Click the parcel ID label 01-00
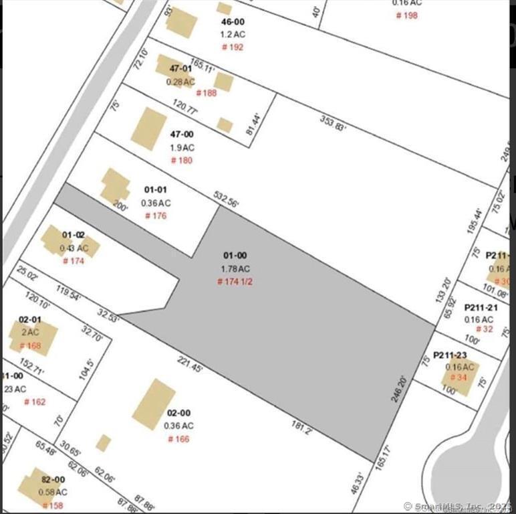point(234,256)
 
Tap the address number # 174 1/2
point(235,282)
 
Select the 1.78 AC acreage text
point(235,268)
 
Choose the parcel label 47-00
point(181,135)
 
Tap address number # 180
point(181,161)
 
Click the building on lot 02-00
point(153,404)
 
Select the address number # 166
point(178,439)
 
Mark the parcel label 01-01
point(156,190)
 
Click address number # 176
point(156,216)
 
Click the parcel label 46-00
point(233,21)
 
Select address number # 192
point(233,47)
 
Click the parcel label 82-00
point(53,479)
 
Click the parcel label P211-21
point(481,307)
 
